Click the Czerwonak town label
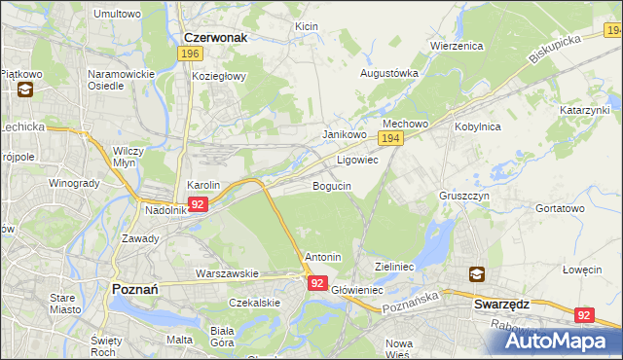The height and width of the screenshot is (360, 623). click(x=215, y=37)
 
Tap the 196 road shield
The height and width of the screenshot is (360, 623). click(x=191, y=54)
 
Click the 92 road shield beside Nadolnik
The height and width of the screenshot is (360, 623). click(x=198, y=204)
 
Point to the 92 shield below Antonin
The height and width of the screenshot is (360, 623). click(x=317, y=282)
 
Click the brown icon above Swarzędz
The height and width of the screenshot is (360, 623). click(x=478, y=275)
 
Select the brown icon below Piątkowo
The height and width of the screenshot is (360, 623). click(x=24, y=90)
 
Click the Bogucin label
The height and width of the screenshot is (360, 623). click(x=332, y=185)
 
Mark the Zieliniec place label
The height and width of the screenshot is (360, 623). click(x=395, y=265)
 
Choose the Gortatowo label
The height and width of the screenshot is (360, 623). click(x=560, y=208)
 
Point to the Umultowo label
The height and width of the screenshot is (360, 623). click(x=117, y=14)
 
